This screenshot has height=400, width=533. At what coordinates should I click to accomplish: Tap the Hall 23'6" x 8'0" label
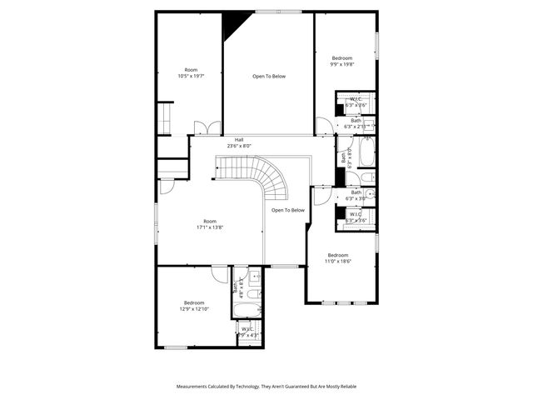239,142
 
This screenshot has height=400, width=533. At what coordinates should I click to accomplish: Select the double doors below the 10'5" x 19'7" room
206,127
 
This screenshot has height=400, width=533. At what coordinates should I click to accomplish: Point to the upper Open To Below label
269,76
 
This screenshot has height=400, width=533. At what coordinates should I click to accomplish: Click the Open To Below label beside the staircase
288,210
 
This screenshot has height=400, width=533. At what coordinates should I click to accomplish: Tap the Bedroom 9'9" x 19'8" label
342,61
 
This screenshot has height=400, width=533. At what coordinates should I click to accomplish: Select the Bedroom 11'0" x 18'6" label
338,257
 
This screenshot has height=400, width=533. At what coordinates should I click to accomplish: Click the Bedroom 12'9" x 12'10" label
195,306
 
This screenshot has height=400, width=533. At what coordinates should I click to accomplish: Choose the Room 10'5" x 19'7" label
191,72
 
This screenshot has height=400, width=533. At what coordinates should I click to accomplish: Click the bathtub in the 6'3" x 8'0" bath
366,153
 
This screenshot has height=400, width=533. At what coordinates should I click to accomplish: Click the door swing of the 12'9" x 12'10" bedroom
219,272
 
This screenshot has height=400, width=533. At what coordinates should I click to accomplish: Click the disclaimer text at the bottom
266,387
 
